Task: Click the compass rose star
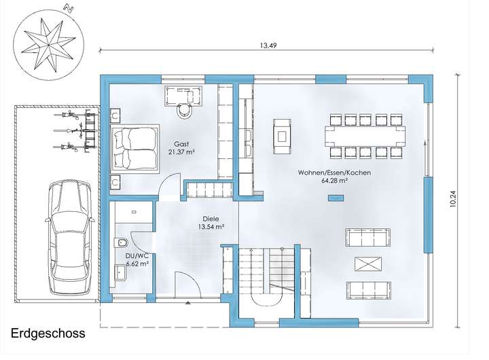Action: pyautogui.click(x=49, y=45)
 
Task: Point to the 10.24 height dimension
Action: pyautogui.click(x=452, y=199)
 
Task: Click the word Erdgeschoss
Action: pyautogui.click(x=48, y=334)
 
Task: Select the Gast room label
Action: pyautogui.click(x=181, y=144)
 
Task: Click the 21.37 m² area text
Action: pyautogui.click(x=181, y=152)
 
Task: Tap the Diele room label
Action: pyautogui.click(x=211, y=219)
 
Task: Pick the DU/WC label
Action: pyautogui.click(x=137, y=256)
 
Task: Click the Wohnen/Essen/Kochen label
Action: pyautogui.click(x=334, y=173)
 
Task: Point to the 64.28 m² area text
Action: pyautogui.click(x=335, y=180)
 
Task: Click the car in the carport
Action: pyautogui.click(x=69, y=237)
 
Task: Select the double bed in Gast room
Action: pyautogui.click(x=134, y=148)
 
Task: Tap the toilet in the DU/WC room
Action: pyautogui.click(x=121, y=242)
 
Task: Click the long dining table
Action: pyautogui.click(x=365, y=136)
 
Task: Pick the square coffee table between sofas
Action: pyautogui.click(x=368, y=264)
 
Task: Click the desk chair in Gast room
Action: pyautogui.click(x=184, y=111)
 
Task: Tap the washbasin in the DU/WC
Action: pyautogui.click(x=120, y=273)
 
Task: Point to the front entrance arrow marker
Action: pyautogui.click(x=187, y=302)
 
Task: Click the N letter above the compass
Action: pyautogui.click(x=69, y=8)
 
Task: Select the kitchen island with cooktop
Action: pyautogui.click(x=283, y=137)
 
